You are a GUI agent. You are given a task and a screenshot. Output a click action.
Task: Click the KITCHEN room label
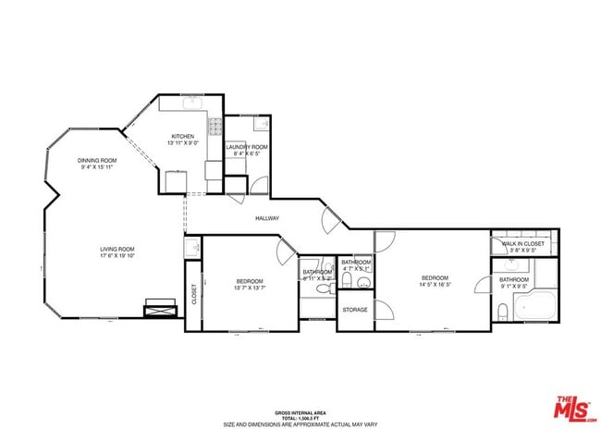tap(181, 137)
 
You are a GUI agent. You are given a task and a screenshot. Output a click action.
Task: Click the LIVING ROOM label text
tap(117, 249)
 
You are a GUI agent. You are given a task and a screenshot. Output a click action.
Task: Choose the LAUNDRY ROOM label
tap(247, 147)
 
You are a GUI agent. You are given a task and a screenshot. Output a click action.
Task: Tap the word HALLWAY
tap(267, 218)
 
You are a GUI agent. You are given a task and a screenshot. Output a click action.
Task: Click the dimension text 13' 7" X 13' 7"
tap(250, 288)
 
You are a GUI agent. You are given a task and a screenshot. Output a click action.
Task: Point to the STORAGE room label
tap(355, 310)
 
